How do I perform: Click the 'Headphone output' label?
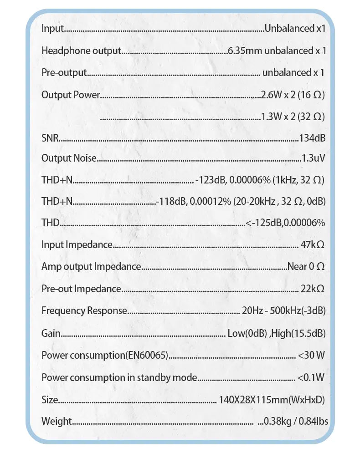[x=81, y=51]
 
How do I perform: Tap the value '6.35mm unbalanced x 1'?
[x=277, y=51]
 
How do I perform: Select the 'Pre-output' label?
[x=64, y=73]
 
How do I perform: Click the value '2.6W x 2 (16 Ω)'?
[x=293, y=95]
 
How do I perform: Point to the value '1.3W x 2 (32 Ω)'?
[x=293, y=117]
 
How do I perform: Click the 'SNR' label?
[x=50, y=138]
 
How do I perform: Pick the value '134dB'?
[x=312, y=138]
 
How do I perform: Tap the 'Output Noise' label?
[x=69, y=158]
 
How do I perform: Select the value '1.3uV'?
[x=314, y=158]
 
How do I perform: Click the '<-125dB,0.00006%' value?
[x=285, y=223]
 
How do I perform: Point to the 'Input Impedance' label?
[x=77, y=245]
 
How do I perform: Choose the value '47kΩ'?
[x=313, y=245]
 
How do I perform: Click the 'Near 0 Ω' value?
[x=306, y=267]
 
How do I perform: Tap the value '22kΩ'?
[x=313, y=289]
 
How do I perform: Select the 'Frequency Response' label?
[x=84, y=311]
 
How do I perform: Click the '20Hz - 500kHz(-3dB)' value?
[x=283, y=311]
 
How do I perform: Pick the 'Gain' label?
[x=51, y=333]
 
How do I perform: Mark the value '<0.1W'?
[x=311, y=377]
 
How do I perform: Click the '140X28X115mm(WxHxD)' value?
[x=272, y=400]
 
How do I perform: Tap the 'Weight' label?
[x=57, y=421]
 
